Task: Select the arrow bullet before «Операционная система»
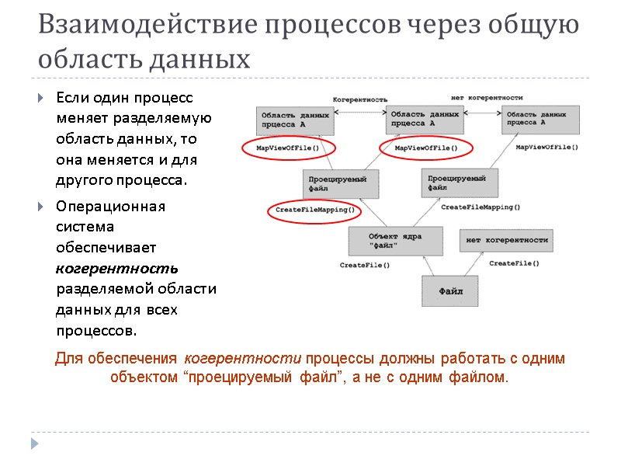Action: pos(40,207)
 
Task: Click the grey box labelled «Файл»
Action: pos(451,292)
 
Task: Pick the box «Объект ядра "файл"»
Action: pos(395,242)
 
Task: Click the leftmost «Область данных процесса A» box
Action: pos(294,119)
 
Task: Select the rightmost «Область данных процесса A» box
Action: pos(540,119)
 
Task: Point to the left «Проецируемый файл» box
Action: pos(341,184)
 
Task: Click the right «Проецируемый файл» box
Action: pos(461,183)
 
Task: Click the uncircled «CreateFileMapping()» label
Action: pos(480,207)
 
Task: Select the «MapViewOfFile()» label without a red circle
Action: pos(546,147)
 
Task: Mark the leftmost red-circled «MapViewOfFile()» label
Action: pos(288,148)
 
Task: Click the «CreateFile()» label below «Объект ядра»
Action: pos(364,266)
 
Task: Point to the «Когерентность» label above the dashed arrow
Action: pos(360,99)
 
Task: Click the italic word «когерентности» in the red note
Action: pos(243,359)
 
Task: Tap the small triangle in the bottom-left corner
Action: pos(33,443)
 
